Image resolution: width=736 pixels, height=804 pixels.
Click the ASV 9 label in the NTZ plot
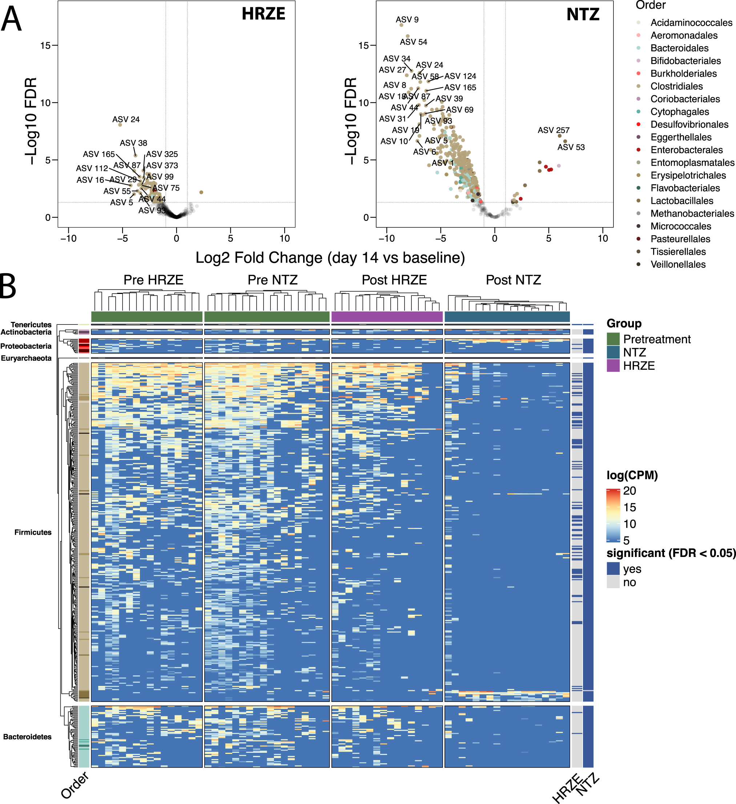tap(407, 20)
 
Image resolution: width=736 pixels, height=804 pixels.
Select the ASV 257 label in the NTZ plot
tap(553, 130)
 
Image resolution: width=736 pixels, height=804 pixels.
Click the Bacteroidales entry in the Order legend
tap(679, 48)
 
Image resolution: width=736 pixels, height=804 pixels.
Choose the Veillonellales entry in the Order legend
tap(678, 264)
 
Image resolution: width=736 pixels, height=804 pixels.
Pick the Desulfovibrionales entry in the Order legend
tap(689, 124)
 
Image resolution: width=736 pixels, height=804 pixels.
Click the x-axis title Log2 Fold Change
tap(330, 258)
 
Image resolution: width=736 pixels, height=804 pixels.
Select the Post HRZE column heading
tap(394, 280)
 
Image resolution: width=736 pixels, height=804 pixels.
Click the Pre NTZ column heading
tap(273, 280)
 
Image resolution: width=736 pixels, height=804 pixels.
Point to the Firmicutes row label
tap(33, 532)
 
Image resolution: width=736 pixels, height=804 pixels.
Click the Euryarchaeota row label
tap(26, 358)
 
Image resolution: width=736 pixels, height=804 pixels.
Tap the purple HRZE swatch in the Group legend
tap(613, 366)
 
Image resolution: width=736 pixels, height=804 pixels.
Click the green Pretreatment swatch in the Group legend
tap(613, 339)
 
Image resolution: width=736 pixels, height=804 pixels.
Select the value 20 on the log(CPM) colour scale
tap(629, 491)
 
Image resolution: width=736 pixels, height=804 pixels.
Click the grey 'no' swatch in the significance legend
tap(613, 582)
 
